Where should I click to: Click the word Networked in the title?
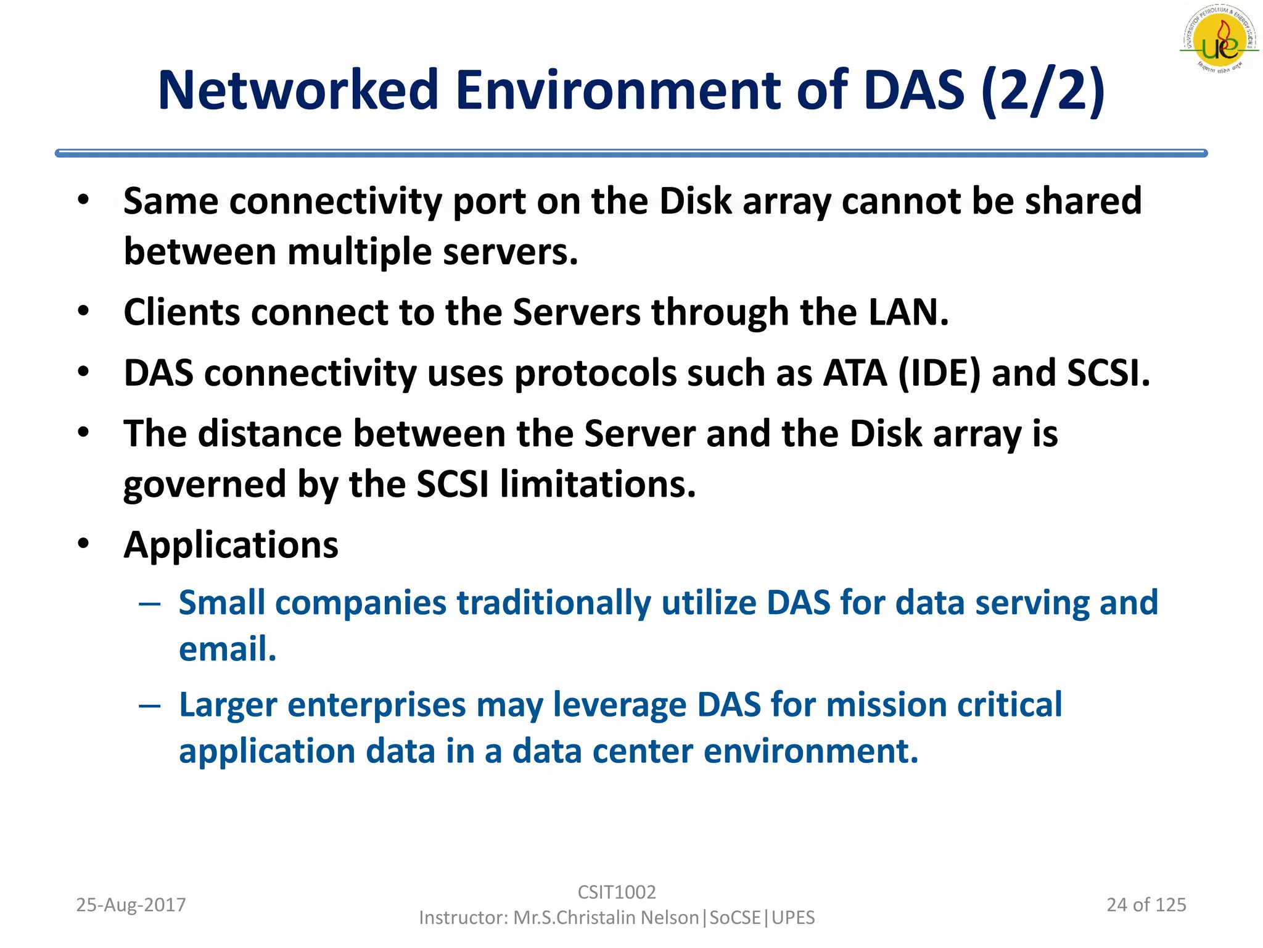[298, 90]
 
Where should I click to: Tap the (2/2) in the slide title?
[1043, 90]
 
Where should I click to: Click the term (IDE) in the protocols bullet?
[939, 373]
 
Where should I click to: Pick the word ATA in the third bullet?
[855, 373]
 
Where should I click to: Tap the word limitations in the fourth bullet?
[598, 484]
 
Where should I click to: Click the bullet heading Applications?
[231, 545]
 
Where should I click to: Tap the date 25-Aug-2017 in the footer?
[131, 905]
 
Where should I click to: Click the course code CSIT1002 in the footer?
[617, 892]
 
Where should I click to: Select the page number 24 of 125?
[1146, 905]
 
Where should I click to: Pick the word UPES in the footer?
[793, 918]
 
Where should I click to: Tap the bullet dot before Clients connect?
[84, 311]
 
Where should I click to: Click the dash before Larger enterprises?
[150, 705]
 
